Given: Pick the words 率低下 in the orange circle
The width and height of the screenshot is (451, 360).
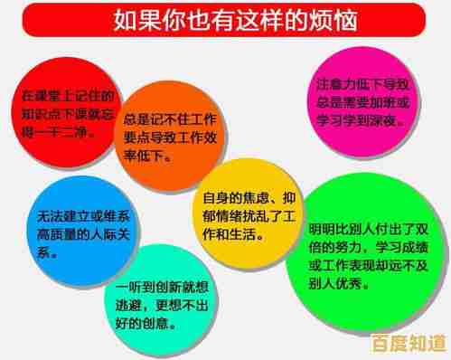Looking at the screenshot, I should pyautogui.click(x=144, y=155).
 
